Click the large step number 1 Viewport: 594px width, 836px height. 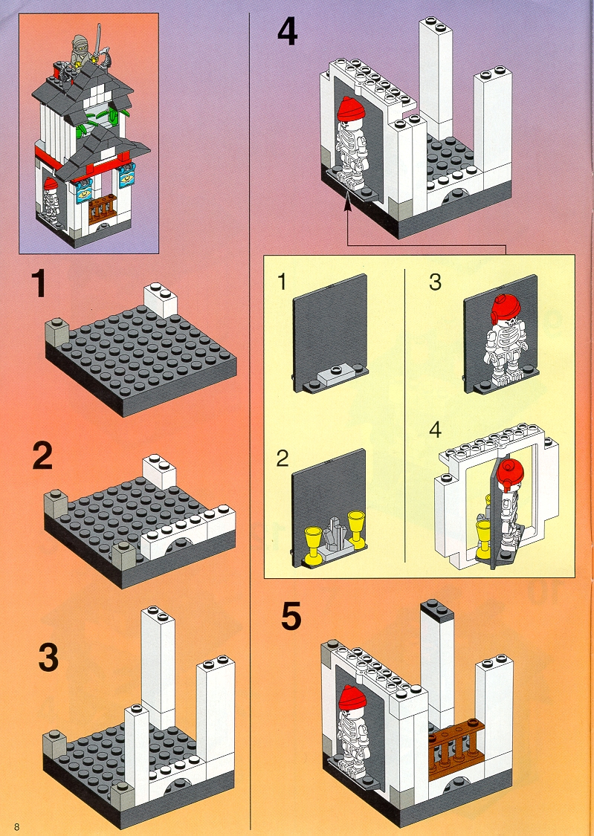[x=39, y=284]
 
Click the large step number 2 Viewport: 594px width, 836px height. [x=42, y=456]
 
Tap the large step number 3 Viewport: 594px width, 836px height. [x=48, y=657]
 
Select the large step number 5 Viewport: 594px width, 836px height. [x=291, y=616]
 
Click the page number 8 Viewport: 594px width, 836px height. [x=17, y=827]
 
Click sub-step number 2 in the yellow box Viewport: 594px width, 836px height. [x=282, y=459]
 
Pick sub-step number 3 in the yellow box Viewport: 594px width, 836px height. [x=435, y=282]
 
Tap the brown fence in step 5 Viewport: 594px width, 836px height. [x=456, y=745]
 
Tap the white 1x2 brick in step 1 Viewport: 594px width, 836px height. [x=160, y=298]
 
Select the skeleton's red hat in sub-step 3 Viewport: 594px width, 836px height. [x=505, y=308]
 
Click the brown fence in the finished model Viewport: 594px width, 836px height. [x=102, y=210]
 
